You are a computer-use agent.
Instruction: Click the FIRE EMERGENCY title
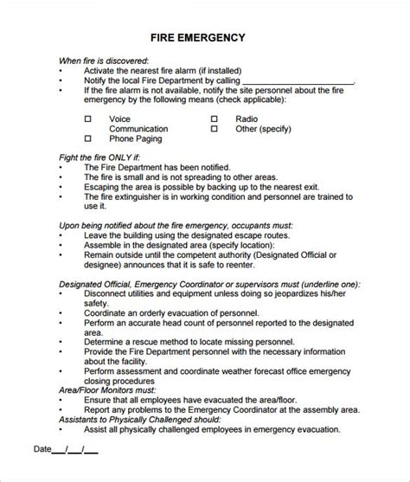[198, 38]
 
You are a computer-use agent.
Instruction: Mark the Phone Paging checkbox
[87, 138]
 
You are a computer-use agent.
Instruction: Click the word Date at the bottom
[42, 450]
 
